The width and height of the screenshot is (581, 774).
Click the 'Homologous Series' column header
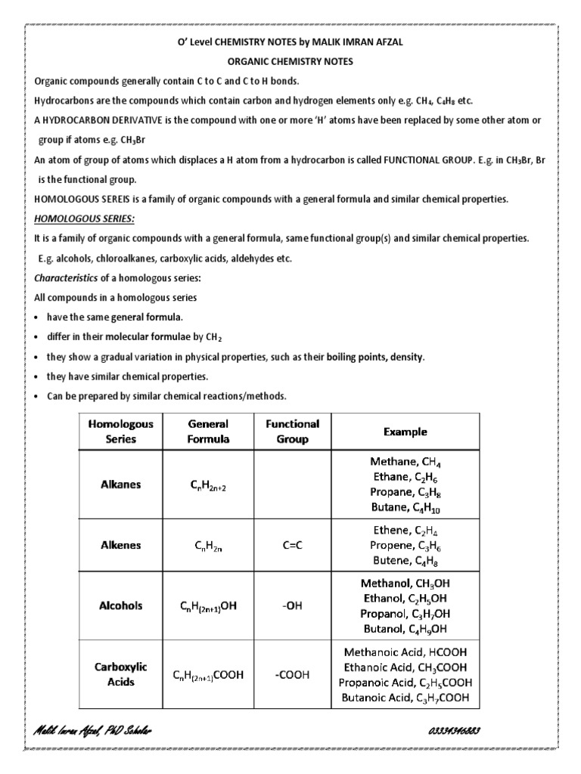[x=121, y=431]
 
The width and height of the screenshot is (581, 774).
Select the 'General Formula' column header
[x=208, y=431]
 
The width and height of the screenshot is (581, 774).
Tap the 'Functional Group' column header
[x=292, y=431]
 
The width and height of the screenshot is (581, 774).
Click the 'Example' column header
[x=405, y=432]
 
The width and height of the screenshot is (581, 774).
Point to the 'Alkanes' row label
[x=121, y=485]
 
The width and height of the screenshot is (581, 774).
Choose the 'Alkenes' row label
[x=121, y=545]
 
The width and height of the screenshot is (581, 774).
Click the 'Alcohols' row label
[x=121, y=605]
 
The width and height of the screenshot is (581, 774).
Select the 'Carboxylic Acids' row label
[x=121, y=674]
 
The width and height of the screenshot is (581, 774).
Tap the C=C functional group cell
[x=292, y=545]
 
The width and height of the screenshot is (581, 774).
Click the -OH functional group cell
[x=292, y=605]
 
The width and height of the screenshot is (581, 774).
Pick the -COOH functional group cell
[x=292, y=674]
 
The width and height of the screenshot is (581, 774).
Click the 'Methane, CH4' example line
[x=405, y=461]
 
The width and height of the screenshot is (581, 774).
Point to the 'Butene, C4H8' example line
[x=405, y=561]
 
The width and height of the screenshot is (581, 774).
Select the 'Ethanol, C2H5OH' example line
[x=405, y=598]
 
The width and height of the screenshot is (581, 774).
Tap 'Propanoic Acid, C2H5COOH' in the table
[x=405, y=683]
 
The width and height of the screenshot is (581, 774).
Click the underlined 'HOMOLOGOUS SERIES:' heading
[x=85, y=218]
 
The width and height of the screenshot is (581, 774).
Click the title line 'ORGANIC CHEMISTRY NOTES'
[x=290, y=61]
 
